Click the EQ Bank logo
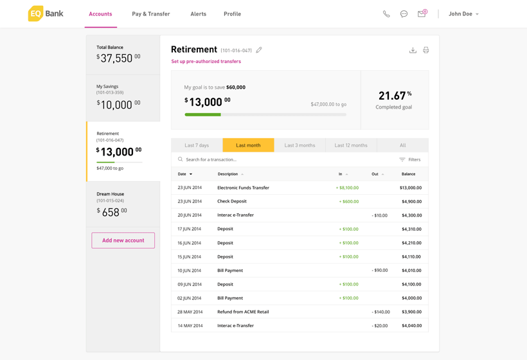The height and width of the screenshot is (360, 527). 46,14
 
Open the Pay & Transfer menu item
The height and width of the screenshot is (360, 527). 151,14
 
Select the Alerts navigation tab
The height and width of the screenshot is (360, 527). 199,14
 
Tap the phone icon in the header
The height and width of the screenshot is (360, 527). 386,14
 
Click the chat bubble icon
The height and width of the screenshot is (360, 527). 404,14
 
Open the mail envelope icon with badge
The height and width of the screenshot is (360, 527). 422,14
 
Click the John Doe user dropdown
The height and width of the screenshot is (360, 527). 463,14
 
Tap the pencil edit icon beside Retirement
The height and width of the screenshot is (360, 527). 259,50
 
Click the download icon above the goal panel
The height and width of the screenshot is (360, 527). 413,50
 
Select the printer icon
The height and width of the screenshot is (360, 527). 426,50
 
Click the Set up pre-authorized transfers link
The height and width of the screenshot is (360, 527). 206,61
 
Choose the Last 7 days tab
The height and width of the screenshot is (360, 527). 197,145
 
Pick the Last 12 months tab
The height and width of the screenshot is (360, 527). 351,145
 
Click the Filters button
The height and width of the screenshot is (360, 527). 409,159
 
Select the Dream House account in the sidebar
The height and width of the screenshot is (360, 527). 123,204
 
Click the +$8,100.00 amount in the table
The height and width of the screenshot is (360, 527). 347,188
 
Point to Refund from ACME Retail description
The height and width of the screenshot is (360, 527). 243,312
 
